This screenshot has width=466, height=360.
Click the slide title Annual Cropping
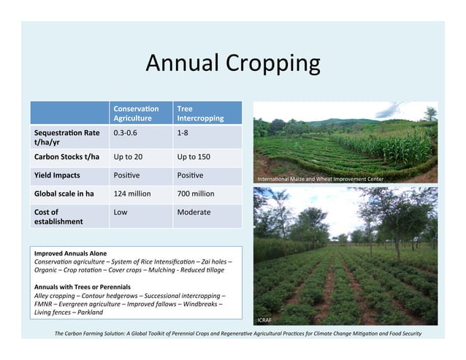[x=232, y=64]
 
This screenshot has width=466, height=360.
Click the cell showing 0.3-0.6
[x=125, y=133]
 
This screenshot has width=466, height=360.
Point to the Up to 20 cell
[x=128, y=156]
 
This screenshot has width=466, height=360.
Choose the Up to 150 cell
[x=194, y=156]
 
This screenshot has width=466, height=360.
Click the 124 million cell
[x=133, y=194]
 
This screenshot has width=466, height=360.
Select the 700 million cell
[x=196, y=194]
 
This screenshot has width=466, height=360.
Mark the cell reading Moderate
[x=194, y=212]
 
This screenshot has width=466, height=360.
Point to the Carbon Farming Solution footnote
[x=237, y=334]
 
